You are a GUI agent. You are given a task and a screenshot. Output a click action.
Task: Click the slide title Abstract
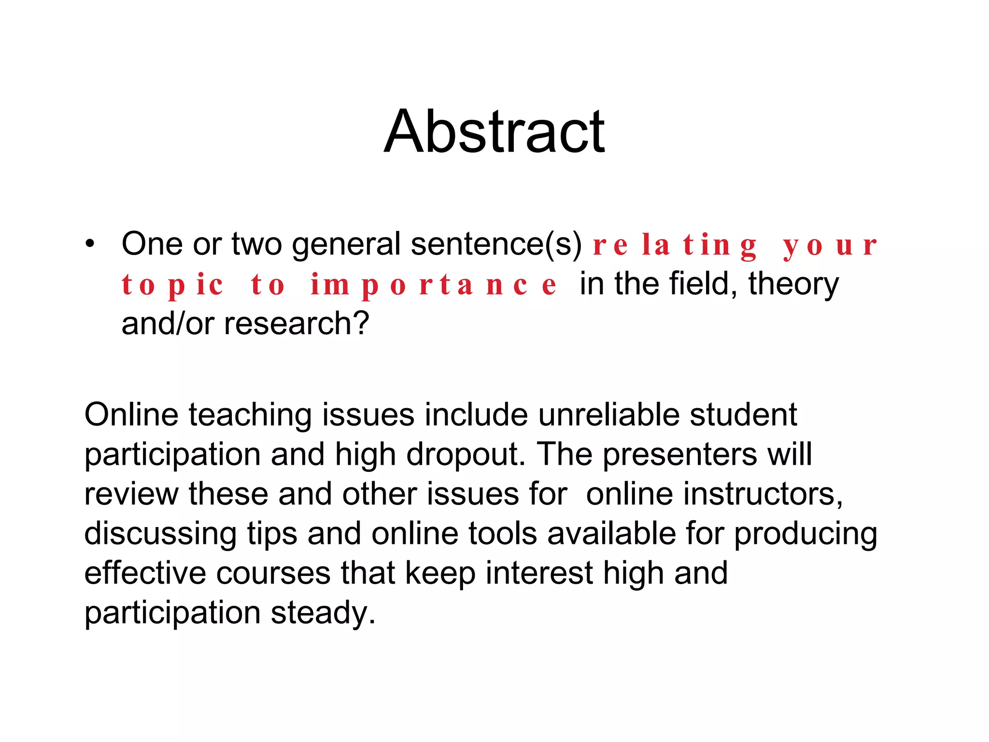pos(494,131)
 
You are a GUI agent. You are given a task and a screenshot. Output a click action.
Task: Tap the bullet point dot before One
pos(90,244)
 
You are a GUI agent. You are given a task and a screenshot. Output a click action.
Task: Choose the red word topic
pos(172,285)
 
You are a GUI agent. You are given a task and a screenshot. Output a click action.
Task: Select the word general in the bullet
pos(346,244)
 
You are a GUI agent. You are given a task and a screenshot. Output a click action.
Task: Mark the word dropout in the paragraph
pos(466,455)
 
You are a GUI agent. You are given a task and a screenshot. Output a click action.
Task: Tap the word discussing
pos(160,534)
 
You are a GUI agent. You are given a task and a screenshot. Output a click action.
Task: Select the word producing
pos(805,534)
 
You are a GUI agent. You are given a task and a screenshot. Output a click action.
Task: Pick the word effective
pos(145,573)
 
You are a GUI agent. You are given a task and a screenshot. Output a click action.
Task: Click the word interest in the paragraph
pos(539,573)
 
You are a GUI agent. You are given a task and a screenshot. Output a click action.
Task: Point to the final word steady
pos(323,613)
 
